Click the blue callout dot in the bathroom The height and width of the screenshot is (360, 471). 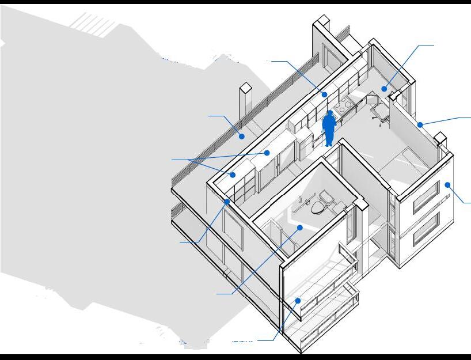[x=299, y=228]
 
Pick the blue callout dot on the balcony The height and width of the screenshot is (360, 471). [x=298, y=300]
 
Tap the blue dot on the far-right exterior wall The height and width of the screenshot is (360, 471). [x=447, y=185]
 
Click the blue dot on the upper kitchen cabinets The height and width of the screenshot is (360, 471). [x=324, y=94]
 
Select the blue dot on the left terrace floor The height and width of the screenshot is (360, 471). [x=242, y=137]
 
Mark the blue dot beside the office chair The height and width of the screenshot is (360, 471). [x=384, y=89]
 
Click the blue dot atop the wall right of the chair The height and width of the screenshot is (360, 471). [x=420, y=124]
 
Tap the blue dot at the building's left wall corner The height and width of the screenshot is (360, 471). [x=227, y=202]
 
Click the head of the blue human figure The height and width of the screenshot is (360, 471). [x=329, y=114]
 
